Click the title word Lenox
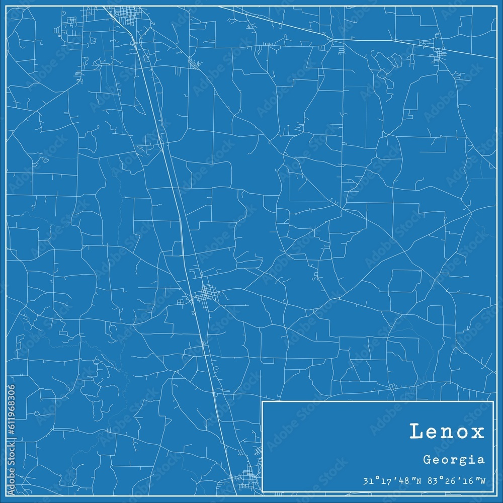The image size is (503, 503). (x=447, y=432)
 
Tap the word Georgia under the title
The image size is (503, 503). (x=454, y=459)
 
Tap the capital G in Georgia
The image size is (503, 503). (x=427, y=459)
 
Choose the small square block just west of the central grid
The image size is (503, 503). (x=181, y=302)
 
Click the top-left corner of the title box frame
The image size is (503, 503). (x=263, y=402)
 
